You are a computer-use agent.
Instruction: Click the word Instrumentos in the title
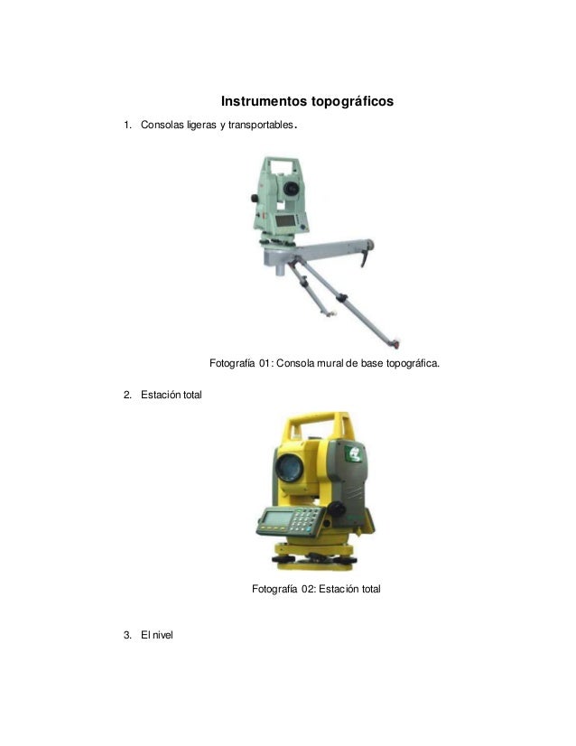point(265,101)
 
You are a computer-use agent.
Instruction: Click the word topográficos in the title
point(352,102)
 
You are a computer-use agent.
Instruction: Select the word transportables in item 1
point(260,126)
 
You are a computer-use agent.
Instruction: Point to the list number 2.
point(127,395)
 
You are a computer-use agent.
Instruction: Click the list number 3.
point(127,635)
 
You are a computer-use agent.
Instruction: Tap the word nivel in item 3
point(163,635)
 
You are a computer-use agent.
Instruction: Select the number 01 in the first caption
point(265,363)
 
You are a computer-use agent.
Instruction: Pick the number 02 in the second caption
point(308,589)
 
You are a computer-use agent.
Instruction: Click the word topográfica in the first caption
point(413,364)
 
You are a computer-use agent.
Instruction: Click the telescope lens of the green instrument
point(291,189)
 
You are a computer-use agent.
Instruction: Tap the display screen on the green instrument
point(285,220)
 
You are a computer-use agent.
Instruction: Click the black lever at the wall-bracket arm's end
point(365,259)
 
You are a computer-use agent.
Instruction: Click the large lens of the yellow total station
point(289,467)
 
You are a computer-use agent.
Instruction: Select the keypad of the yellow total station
point(306,520)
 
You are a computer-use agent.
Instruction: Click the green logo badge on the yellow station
point(354,454)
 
